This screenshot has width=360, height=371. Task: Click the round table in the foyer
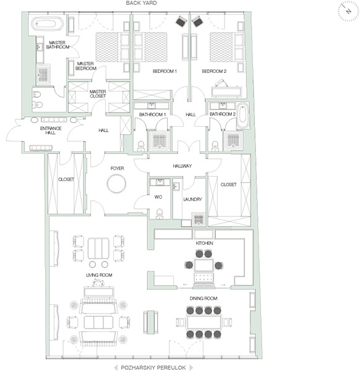tap(116, 184)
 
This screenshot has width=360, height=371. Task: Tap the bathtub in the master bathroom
tap(47, 24)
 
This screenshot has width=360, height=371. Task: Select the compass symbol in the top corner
tap(348, 11)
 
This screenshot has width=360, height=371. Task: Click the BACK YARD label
tap(141, 3)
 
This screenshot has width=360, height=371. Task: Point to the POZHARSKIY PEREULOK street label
tap(153, 367)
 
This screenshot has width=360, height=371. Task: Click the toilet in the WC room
tap(160, 214)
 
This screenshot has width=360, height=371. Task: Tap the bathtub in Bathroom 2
tap(242, 116)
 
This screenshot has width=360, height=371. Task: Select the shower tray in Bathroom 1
tap(160, 140)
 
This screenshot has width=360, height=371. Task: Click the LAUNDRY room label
tap(192, 200)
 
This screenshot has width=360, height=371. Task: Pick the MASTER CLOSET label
tap(98, 94)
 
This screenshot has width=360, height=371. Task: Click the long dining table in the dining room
tap(204, 322)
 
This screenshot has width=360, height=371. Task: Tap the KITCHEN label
tap(204, 243)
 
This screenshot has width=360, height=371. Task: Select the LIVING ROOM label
tap(99, 275)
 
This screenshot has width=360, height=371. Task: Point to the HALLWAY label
tap(182, 166)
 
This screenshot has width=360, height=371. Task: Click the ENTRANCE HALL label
tap(51, 130)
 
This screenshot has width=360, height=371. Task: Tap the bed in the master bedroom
tap(113, 47)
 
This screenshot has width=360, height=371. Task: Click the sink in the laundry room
tap(176, 186)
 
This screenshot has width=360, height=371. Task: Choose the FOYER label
tap(117, 168)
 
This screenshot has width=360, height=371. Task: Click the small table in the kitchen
tap(204, 265)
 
